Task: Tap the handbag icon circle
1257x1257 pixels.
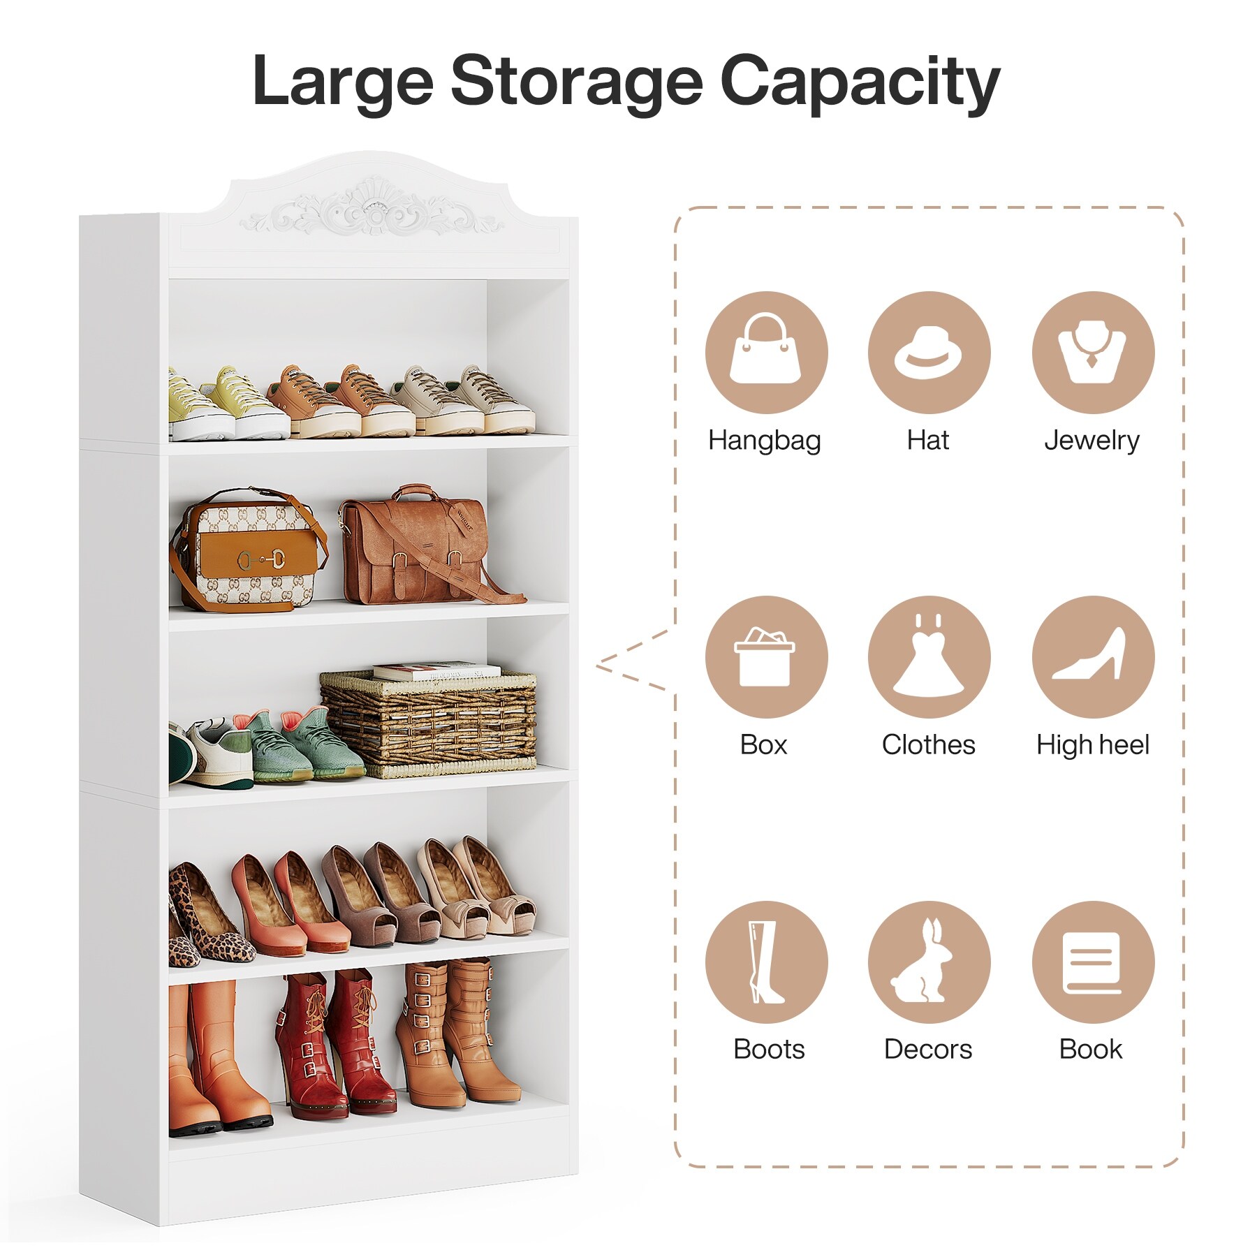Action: tap(766, 353)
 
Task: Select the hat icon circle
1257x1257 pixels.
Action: tap(929, 353)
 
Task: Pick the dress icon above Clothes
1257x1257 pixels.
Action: tap(929, 656)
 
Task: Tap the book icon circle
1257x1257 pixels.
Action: tap(1093, 962)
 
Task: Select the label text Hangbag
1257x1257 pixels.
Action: tap(765, 441)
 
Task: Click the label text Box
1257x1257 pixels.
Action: tap(763, 744)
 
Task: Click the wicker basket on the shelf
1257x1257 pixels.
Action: tap(428, 723)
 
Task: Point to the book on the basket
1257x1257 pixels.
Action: tap(436, 671)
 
